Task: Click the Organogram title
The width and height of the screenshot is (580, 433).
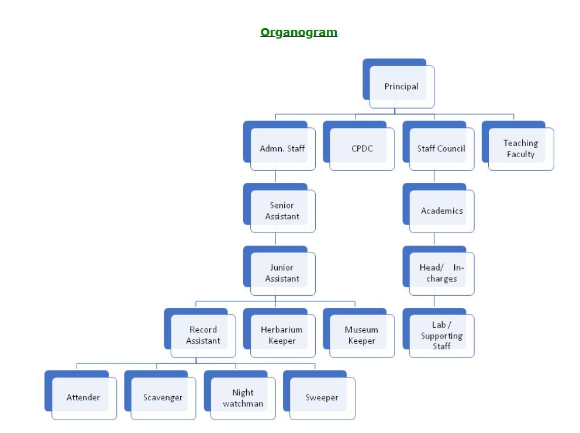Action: pyautogui.click(x=299, y=33)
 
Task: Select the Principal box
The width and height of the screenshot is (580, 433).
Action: pyautogui.click(x=401, y=86)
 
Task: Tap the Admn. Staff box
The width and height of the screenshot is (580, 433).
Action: pyautogui.click(x=282, y=148)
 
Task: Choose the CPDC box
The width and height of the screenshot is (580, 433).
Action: pyautogui.click(x=361, y=148)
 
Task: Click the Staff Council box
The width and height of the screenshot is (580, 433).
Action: pyautogui.click(x=441, y=148)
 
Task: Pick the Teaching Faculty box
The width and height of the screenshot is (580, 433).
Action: pyautogui.click(x=520, y=148)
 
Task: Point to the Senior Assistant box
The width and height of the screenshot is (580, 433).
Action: pyautogui.click(x=282, y=211)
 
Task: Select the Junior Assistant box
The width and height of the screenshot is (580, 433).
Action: pyautogui.click(x=282, y=273)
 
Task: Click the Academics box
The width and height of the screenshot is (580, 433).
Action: pyautogui.click(x=441, y=211)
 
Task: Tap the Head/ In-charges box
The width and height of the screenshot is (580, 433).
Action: pyautogui.click(x=441, y=273)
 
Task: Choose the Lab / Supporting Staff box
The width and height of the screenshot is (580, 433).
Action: pyautogui.click(x=441, y=335)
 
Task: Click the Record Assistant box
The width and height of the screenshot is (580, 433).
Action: pyautogui.click(x=203, y=335)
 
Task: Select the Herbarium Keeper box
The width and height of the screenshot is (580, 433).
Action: pyautogui.click(x=282, y=335)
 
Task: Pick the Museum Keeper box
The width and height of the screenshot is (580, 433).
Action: pyautogui.click(x=361, y=335)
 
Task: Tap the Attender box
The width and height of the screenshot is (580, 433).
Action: pyautogui.click(x=83, y=397)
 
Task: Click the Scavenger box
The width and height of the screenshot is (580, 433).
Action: pyautogui.click(x=163, y=397)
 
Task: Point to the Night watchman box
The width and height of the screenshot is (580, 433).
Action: pyautogui.click(x=243, y=397)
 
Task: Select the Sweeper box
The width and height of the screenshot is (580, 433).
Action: pyautogui.click(x=322, y=397)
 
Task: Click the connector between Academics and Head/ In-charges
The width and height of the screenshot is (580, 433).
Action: pyautogui.click(x=434, y=239)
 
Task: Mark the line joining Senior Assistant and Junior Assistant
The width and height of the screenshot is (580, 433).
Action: pyautogui.click(x=275, y=239)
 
